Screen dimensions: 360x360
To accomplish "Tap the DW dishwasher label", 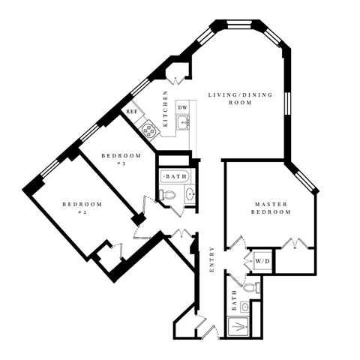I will (182, 108).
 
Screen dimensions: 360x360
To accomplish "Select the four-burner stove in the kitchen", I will (150, 130).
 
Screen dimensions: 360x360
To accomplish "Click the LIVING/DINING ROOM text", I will (240, 99).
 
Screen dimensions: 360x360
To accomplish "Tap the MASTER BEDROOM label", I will (271, 208).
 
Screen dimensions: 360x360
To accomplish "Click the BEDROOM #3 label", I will (119, 159).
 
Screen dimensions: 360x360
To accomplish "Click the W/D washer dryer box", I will (262, 261).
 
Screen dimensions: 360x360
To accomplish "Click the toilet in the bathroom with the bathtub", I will (169, 194).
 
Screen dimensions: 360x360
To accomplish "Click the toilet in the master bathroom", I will (250, 287).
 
